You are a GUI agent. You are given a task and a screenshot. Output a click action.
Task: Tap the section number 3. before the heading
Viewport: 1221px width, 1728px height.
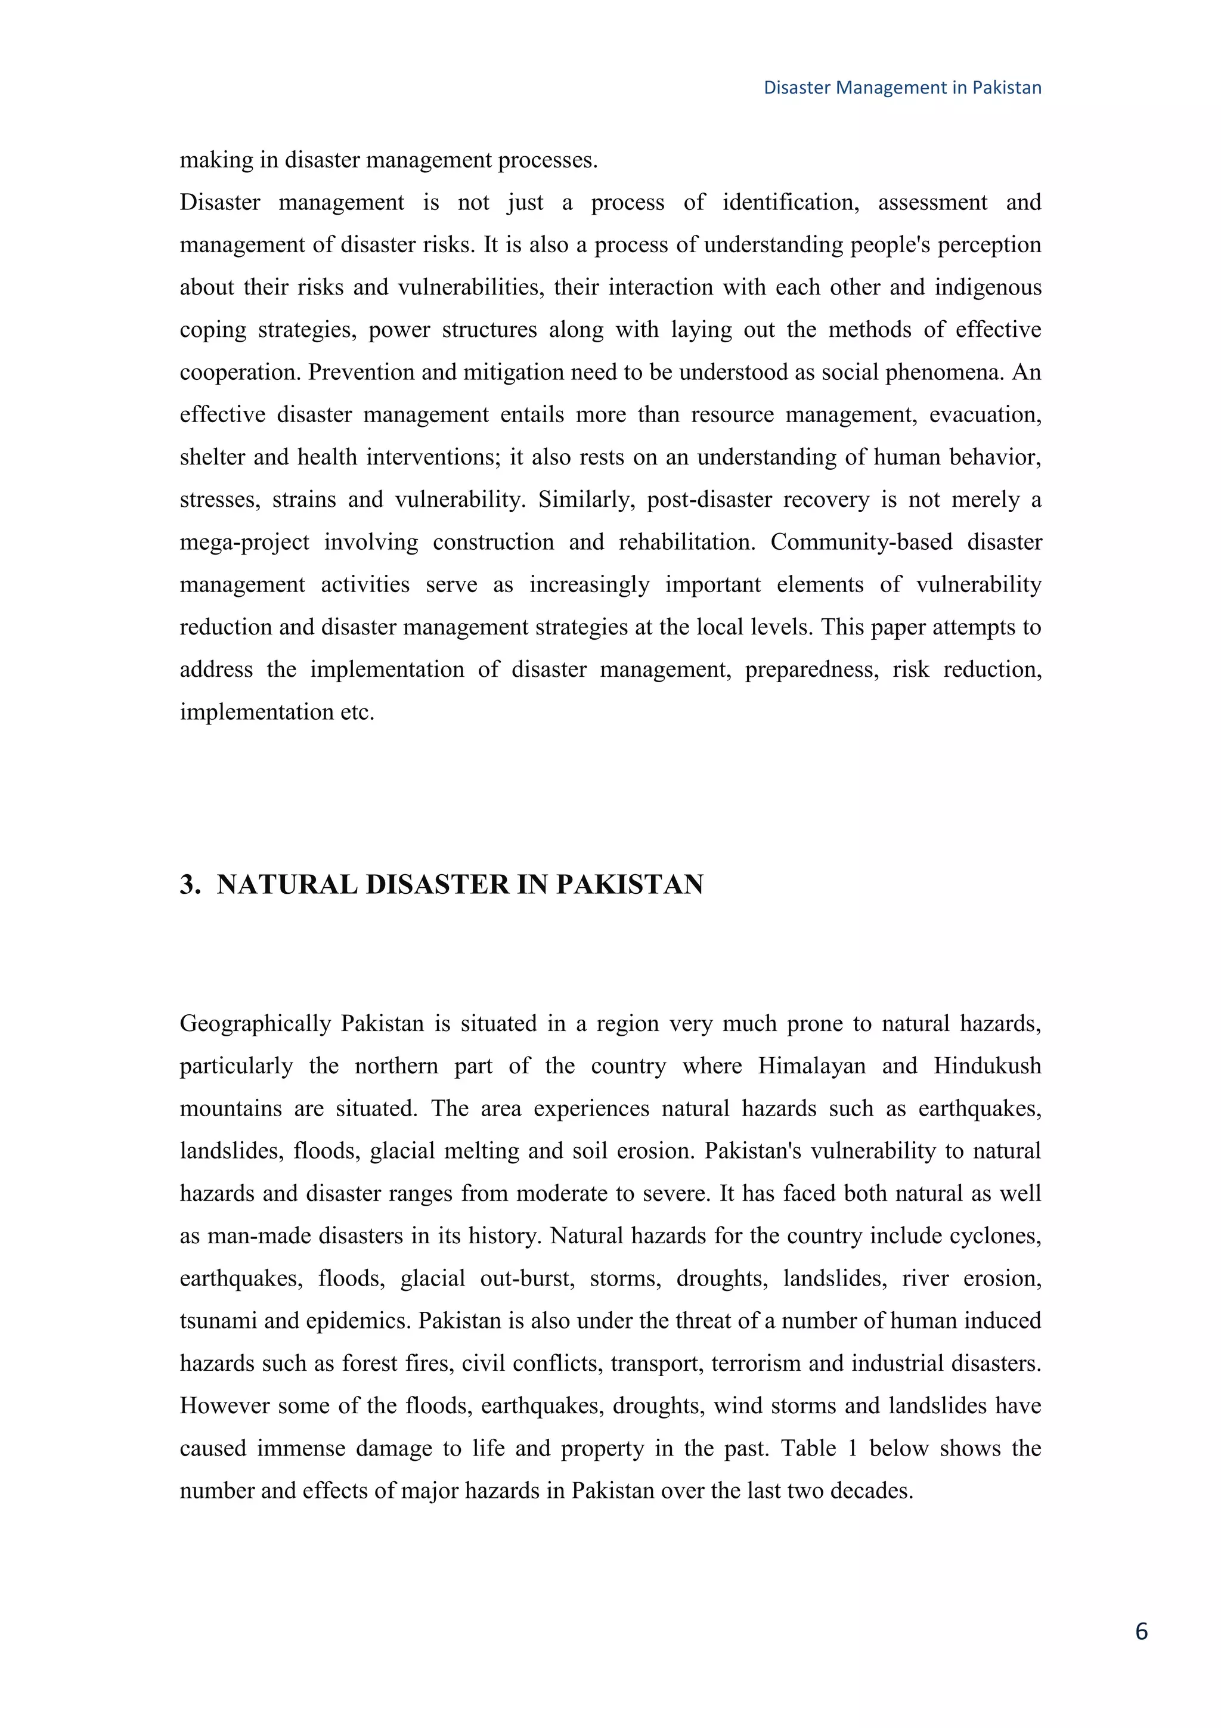[190, 885]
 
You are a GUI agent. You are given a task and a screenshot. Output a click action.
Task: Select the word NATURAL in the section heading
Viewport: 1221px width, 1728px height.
[287, 885]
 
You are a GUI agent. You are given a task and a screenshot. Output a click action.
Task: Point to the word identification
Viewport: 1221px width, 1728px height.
[790, 203]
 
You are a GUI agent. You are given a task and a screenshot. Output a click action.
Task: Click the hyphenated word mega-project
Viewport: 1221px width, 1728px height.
[244, 543]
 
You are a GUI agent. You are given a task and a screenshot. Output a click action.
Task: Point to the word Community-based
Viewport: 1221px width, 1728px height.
[861, 543]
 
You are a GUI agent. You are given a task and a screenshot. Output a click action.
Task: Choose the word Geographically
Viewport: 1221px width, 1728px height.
[255, 1024]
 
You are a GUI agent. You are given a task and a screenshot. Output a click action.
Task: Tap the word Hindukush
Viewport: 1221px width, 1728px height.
[987, 1067]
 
